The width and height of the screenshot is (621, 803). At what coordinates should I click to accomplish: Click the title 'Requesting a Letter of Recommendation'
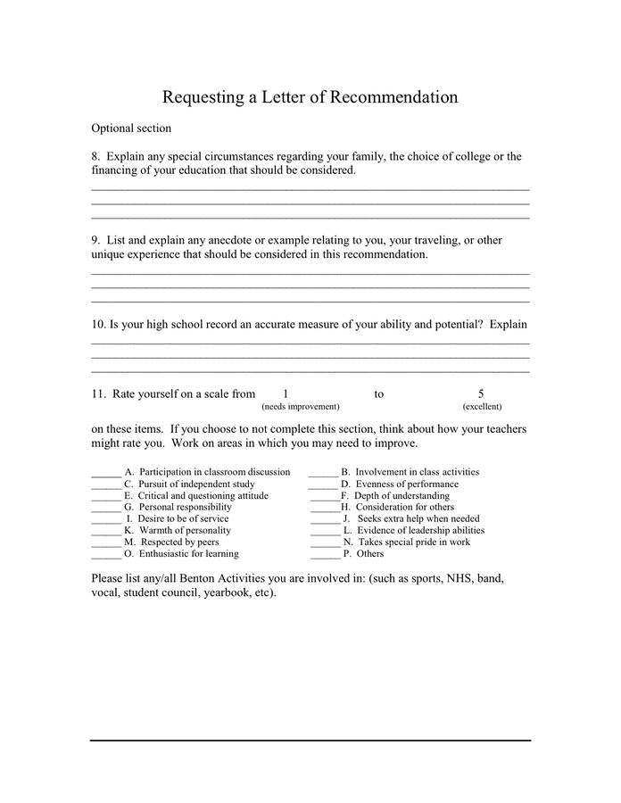click(310, 97)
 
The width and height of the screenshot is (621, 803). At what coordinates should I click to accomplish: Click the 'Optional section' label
click(131, 128)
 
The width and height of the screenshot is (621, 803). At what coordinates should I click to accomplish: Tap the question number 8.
click(95, 157)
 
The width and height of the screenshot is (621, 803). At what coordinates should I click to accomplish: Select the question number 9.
click(95, 240)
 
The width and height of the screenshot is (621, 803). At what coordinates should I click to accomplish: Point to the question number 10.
click(98, 324)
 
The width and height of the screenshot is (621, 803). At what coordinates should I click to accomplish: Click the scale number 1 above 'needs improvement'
click(286, 393)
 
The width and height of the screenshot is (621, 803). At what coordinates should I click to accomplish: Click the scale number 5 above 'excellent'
click(481, 393)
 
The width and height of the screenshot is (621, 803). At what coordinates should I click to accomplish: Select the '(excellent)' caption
click(481, 407)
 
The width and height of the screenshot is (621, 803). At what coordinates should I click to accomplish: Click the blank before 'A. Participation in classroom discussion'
click(106, 473)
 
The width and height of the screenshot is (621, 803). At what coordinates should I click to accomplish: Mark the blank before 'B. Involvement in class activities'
click(323, 473)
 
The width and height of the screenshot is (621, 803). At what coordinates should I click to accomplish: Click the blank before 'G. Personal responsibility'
click(106, 508)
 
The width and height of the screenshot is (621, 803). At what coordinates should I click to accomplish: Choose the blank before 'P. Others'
click(326, 554)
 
